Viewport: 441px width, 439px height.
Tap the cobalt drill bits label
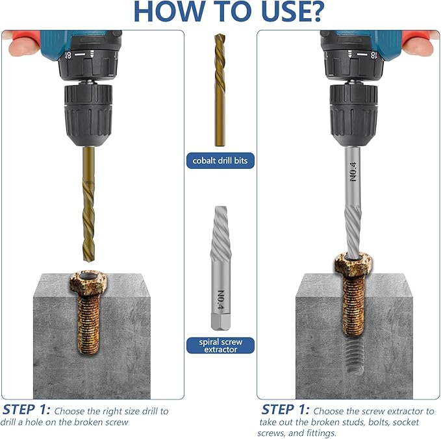(220, 160)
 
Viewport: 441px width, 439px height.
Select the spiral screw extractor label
(220, 345)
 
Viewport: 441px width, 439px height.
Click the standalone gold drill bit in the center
(220, 90)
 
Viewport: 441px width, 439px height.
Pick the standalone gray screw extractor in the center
(221, 268)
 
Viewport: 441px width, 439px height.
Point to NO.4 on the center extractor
(221, 301)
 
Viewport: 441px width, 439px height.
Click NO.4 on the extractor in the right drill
(353, 171)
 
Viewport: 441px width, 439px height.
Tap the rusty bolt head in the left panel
(88, 282)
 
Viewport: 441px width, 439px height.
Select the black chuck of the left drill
(88, 114)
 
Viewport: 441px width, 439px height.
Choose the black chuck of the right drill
(353, 114)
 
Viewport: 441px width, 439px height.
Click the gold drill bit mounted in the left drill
(88, 204)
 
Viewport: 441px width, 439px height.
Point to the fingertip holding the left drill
(21, 46)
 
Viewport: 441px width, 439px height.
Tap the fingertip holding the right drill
(418, 46)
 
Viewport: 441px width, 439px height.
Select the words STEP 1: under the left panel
(26, 410)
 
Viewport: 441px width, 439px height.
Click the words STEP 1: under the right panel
(286, 410)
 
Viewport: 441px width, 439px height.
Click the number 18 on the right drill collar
(373, 55)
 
